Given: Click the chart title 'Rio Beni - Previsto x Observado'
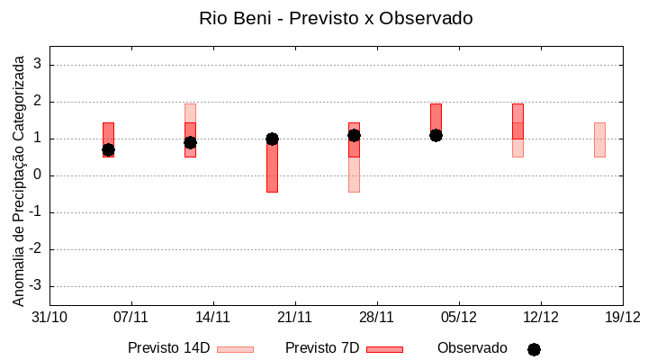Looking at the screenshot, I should coord(335,18).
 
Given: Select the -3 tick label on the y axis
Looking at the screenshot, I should coord(35,286).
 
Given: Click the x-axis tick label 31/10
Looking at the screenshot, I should coord(49,317).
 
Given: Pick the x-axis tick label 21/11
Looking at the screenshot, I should coord(294,317).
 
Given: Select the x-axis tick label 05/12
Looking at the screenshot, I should coord(458,317).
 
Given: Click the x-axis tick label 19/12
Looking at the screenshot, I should coord(622,317).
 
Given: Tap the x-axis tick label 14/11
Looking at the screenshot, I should coord(212,317).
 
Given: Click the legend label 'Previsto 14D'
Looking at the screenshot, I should coord(168,348).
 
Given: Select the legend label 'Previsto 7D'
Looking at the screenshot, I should coord(321,348).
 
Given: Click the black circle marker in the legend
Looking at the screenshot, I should coord(534,349).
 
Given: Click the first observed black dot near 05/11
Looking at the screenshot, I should coord(108,149).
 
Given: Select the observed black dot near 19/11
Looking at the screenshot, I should coord(272,139).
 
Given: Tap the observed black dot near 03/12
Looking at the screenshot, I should coord(436,135).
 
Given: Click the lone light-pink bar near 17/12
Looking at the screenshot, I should coord(599,139).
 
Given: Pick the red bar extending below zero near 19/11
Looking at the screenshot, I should coord(272,171).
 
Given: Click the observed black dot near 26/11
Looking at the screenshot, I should coord(354,135).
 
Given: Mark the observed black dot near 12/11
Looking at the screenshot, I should coord(190,142).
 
